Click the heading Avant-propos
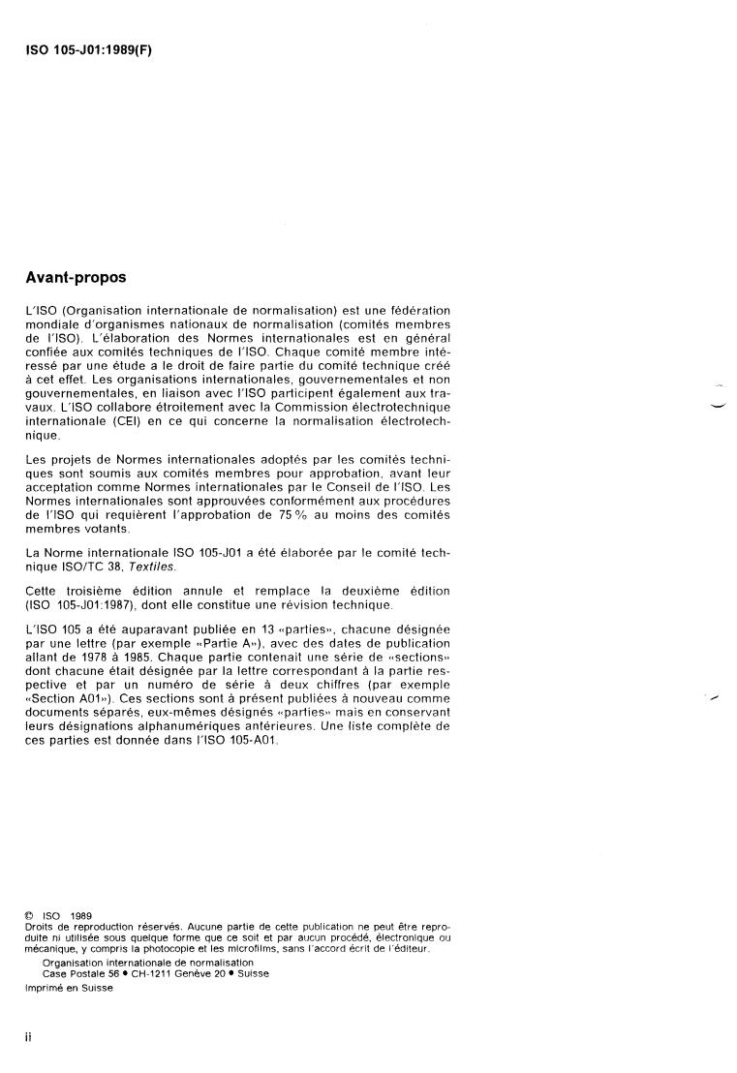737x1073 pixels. coord(76,278)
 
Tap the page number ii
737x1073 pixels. coord(29,1037)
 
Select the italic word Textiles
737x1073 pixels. coord(157,567)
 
